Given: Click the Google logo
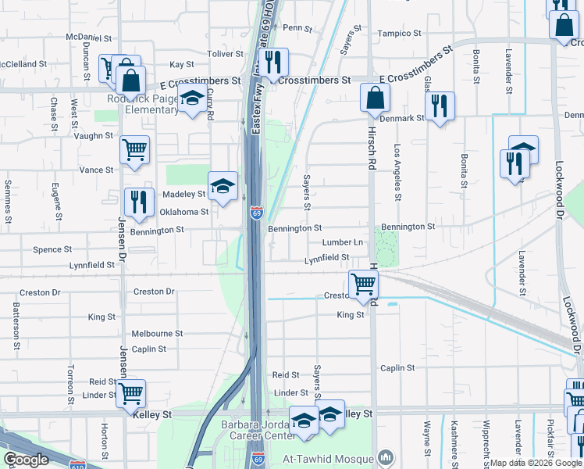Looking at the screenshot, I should pos(27,460).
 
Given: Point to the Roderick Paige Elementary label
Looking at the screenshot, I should pos(143,105).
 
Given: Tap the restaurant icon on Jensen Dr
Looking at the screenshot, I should pos(139,202).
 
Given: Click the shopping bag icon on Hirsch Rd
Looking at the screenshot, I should pos(375,98).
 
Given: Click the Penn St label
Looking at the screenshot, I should pos(297,27).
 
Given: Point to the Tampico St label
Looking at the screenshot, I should pos(399,34).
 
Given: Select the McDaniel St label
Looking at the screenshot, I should pos(89,37).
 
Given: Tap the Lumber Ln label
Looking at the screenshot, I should pos(343,243).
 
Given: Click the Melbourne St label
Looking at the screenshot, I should pos(157,333).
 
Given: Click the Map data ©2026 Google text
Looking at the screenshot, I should pos(536,463).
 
